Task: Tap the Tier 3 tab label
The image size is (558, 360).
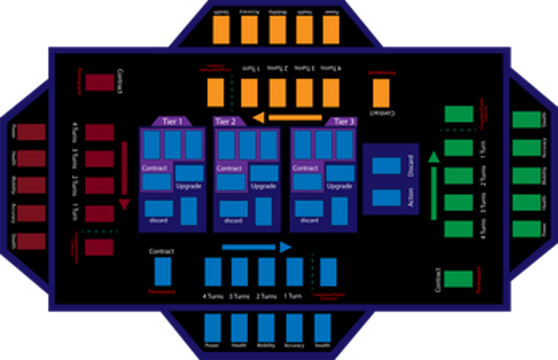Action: [x=344, y=122]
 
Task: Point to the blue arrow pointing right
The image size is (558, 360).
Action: [x=256, y=247]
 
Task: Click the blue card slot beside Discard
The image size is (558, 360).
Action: [x=386, y=166]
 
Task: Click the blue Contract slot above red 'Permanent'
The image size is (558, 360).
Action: [x=163, y=271]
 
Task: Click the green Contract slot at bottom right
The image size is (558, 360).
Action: [x=458, y=280]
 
